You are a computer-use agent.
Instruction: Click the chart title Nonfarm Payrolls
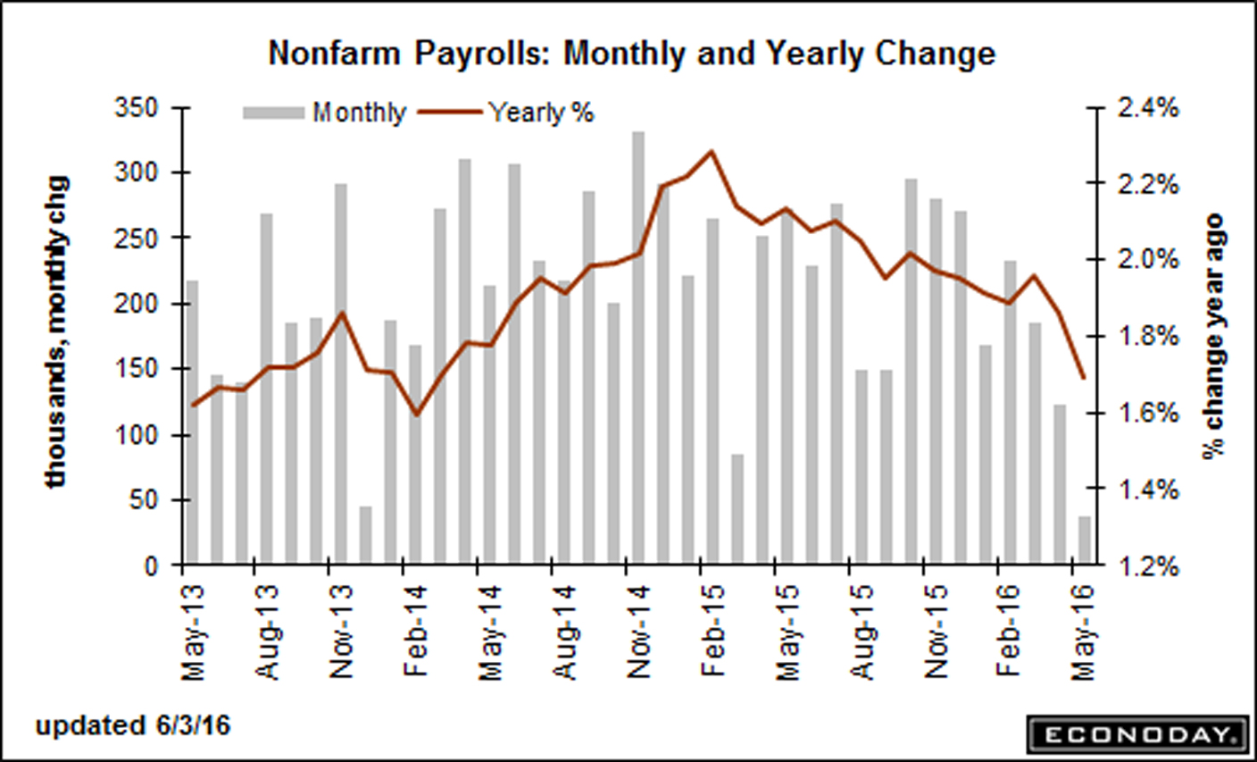click(631, 54)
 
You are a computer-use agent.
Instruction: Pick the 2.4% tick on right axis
click(1146, 109)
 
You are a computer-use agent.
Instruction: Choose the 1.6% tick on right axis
click(1146, 414)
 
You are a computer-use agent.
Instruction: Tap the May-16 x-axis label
click(1083, 625)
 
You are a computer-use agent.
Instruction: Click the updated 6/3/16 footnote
click(133, 725)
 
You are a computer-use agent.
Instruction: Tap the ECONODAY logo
click(1136, 734)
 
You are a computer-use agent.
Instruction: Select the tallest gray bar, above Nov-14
click(638, 348)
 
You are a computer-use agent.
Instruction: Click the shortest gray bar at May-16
click(1084, 540)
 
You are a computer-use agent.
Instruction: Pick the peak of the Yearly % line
click(712, 151)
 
